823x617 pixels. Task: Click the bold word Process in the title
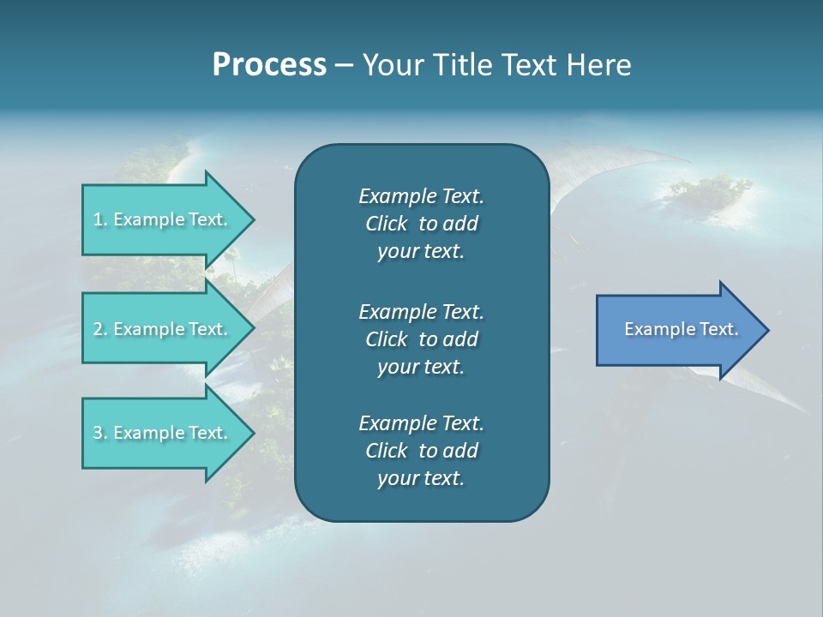point(269,65)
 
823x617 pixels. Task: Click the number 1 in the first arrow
point(98,219)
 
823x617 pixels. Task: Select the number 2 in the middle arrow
point(98,329)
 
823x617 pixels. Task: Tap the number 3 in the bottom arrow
point(98,433)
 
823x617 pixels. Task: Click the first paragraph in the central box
point(421,224)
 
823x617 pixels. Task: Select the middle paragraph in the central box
point(421,338)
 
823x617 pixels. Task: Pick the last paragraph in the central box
point(421,451)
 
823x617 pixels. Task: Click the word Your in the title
point(390,65)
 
